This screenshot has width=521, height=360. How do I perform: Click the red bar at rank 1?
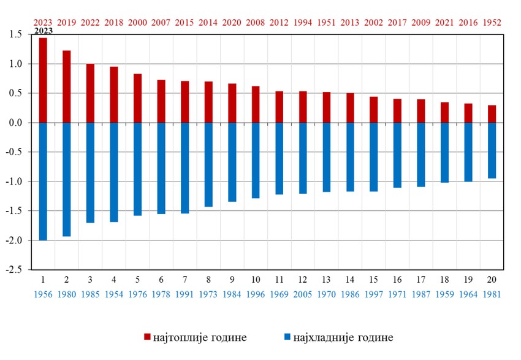click(x=43, y=80)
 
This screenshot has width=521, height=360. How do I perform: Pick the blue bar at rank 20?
click(x=492, y=150)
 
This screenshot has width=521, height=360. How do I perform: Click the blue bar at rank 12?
click(x=303, y=158)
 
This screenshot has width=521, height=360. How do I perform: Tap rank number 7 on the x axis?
click(x=185, y=279)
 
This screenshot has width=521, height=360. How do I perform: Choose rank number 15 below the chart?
click(x=373, y=279)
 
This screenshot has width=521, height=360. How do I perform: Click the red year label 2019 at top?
click(x=67, y=22)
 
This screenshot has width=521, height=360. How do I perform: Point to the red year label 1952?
click(x=492, y=22)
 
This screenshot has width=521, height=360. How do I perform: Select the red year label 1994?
click(x=303, y=22)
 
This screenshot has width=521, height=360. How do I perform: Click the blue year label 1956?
click(x=43, y=294)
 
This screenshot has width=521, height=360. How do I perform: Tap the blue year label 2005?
click(x=303, y=294)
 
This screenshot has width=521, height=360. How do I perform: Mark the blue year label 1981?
click(x=492, y=294)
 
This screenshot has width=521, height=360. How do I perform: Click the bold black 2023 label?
click(x=43, y=31)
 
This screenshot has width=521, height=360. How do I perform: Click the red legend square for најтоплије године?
click(x=147, y=337)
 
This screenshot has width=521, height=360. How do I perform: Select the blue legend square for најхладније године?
click(x=288, y=337)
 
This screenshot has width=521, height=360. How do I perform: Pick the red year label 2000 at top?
click(x=138, y=22)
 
